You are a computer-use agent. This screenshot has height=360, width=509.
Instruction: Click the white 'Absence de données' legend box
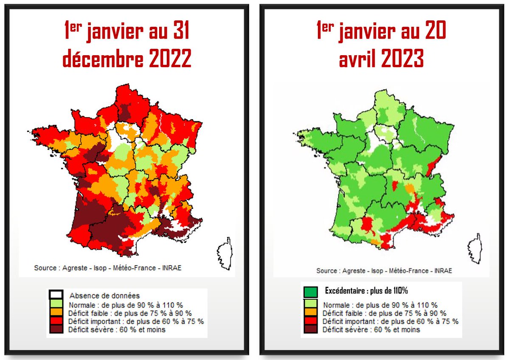[56, 295]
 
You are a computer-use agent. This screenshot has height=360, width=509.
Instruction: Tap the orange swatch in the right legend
[311, 313]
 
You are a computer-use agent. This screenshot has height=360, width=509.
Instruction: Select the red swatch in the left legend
[56, 321]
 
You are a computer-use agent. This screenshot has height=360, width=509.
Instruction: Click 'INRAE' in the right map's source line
[442, 270]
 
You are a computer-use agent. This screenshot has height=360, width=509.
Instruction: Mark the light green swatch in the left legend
[56, 304]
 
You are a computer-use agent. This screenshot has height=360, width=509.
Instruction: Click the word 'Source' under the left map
[45, 268]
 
